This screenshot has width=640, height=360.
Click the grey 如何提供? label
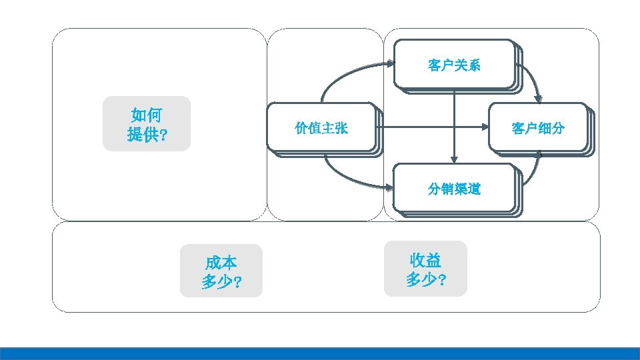(147, 124)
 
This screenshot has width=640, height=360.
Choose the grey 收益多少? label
(425, 269)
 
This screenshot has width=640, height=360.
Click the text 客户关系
(454, 65)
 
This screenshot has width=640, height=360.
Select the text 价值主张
(321, 128)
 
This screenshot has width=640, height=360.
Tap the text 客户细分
(538, 128)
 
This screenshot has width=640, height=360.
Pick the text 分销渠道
(454, 189)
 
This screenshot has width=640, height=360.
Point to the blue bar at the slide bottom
(320, 353)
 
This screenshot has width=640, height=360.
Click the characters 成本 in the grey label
(221, 262)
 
